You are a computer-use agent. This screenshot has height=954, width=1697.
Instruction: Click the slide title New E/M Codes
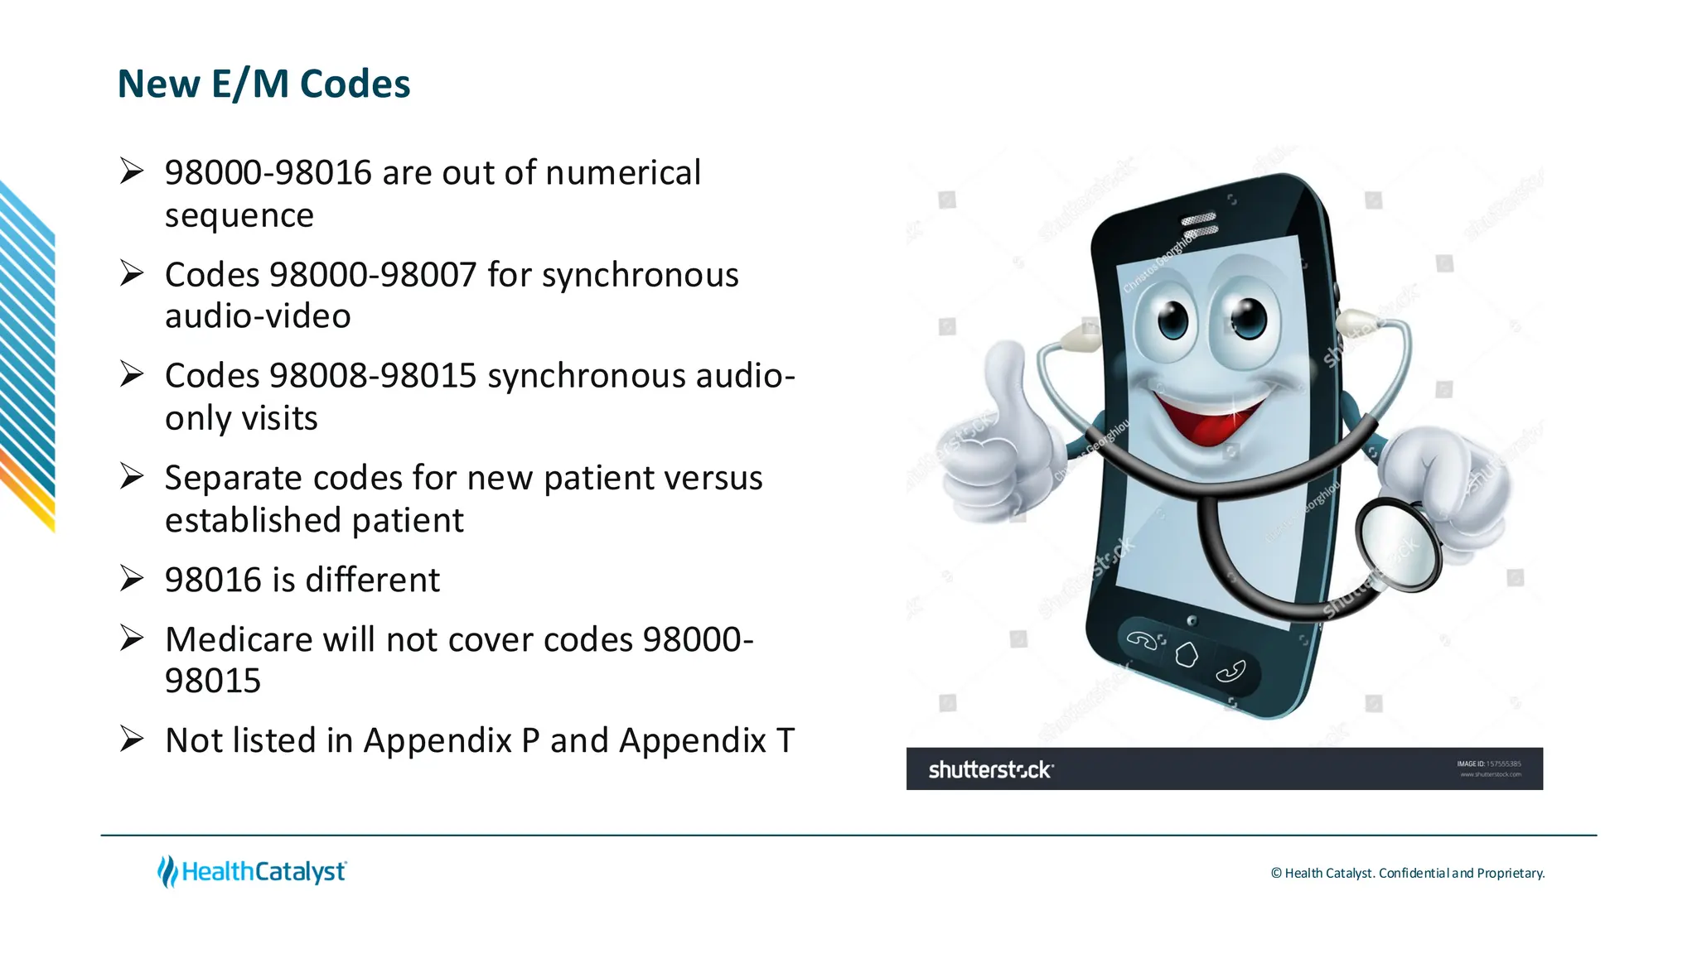point(263,84)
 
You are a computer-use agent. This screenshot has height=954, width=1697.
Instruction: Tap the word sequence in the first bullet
point(239,215)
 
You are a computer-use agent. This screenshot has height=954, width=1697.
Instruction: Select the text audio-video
point(258,316)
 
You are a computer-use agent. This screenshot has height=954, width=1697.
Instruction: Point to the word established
point(253,520)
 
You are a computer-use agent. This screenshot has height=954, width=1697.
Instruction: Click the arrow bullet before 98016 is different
point(132,578)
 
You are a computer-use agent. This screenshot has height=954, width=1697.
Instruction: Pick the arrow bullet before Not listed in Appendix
point(132,739)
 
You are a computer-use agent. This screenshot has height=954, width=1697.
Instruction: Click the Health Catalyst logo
point(252,871)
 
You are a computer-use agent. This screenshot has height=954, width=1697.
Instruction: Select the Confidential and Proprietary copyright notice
point(1407,873)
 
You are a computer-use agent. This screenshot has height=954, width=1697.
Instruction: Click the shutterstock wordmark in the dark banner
point(990,770)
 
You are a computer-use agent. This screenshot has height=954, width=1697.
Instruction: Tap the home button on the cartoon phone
point(1187,655)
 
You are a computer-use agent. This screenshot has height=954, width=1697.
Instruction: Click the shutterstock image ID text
point(1489,764)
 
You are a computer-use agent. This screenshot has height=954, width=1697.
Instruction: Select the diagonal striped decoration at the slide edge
point(27,356)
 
